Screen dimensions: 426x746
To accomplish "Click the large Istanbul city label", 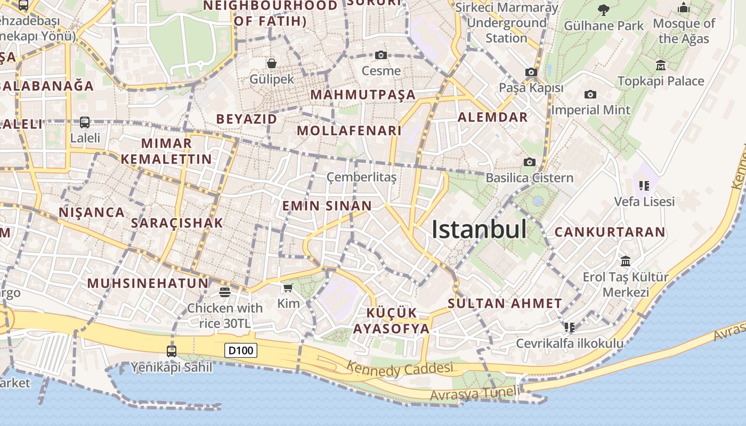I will click(x=479, y=230).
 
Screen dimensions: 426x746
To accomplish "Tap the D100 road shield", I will click(x=241, y=350).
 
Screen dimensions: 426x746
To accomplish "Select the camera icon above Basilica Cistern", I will click(x=529, y=162).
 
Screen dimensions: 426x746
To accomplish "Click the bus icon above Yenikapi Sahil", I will click(x=172, y=351).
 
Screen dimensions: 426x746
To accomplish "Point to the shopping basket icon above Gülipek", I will click(x=272, y=63).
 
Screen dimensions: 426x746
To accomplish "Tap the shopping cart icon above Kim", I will click(x=288, y=288).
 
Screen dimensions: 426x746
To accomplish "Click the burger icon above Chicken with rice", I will click(x=225, y=292).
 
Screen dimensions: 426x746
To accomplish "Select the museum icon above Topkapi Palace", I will click(x=661, y=65).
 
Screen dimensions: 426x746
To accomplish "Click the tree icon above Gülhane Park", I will click(x=604, y=10).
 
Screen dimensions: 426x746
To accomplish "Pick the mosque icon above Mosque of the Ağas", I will click(x=684, y=8).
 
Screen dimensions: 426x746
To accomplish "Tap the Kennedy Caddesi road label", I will click(x=400, y=368).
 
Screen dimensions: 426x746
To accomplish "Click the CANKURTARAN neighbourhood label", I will click(x=610, y=232).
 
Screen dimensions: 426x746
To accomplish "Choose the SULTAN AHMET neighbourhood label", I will click(x=505, y=304).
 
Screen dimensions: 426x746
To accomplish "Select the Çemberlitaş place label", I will click(x=361, y=177).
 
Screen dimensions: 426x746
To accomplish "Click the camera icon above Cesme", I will click(x=380, y=55).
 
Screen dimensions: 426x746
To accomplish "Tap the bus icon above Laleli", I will click(x=85, y=122).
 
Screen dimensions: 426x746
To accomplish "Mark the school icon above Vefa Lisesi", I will click(x=644, y=186).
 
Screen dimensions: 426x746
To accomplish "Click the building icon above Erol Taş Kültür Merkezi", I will click(x=626, y=261).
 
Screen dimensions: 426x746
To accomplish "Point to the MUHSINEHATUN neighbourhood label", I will click(x=148, y=283).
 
